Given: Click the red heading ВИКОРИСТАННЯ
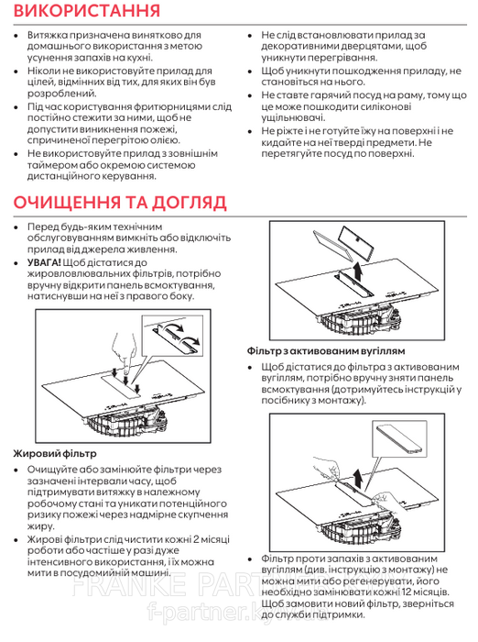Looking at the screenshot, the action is [x=86, y=11].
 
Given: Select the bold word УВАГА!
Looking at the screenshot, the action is [x=44, y=262].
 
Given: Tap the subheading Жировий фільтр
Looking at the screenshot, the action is [x=55, y=454].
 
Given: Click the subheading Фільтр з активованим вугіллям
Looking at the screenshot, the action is [x=326, y=351].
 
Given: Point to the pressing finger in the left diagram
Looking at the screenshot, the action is [x=124, y=352].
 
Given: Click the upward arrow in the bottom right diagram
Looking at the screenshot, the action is [x=357, y=478].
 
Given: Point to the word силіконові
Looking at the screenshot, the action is [x=386, y=107].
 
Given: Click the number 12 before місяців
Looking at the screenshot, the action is [x=407, y=592].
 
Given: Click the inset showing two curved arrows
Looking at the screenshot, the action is [x=172, y=336].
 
